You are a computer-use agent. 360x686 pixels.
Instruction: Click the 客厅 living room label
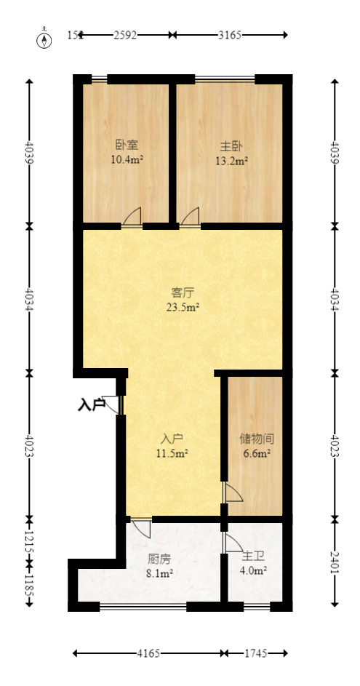tap(183, 293)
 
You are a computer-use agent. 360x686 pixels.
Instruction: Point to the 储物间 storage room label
tap(256, 439)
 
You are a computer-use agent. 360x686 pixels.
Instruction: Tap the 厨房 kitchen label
tap(159, 559)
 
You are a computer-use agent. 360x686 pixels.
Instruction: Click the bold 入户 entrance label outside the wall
tap(92, 404)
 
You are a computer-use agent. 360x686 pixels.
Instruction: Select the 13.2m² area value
tap(231, 160)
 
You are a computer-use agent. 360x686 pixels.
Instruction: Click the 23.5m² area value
tap(183, 308)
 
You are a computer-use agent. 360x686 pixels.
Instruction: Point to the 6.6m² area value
tap(256, 454)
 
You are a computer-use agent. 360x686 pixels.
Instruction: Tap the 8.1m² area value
tap(159, 574)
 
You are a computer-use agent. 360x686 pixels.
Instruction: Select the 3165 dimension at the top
tap(230, 34)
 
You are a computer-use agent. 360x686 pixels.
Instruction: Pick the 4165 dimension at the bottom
tap(149, 653)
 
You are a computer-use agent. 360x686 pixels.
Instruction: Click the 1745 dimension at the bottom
tap(255, 653)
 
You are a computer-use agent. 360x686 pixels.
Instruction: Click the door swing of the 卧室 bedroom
tap(132, 218)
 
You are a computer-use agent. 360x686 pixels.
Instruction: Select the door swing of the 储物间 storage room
tap(232, 493)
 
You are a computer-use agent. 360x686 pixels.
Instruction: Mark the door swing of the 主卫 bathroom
tap(233, 543)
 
